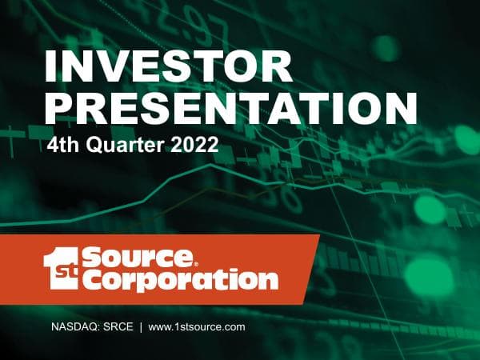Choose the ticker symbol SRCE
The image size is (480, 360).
click(115, 327)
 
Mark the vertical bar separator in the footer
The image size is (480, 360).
click(140, 327)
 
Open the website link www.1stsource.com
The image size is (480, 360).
click(196, 327)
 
